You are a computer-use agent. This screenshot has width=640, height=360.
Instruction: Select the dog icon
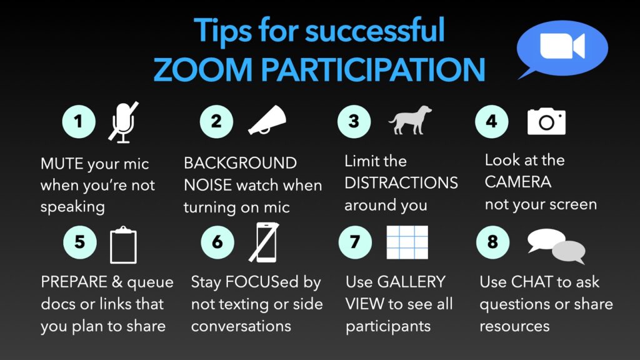[410, 119]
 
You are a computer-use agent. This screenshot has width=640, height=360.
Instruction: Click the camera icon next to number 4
[546, 121]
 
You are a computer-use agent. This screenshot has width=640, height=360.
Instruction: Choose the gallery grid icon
[407, 242]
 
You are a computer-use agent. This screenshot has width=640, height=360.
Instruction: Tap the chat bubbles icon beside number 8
[556, 244]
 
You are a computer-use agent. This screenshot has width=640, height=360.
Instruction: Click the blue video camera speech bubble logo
[561, 48]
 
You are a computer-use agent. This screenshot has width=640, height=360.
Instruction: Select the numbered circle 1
[79, 121]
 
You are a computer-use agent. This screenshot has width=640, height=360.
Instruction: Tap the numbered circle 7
[354, 242]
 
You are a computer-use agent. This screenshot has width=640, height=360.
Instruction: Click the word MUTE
[61, 164]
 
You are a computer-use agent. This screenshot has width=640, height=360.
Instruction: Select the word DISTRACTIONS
[401, 183]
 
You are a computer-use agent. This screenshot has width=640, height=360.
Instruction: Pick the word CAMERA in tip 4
[518, 182]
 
